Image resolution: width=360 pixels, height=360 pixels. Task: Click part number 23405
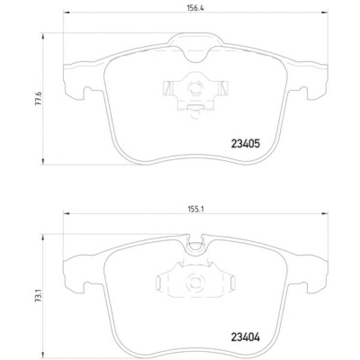[245, 144]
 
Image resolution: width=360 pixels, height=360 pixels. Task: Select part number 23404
[245, 338]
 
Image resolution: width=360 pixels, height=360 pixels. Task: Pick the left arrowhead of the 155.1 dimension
[67, 213]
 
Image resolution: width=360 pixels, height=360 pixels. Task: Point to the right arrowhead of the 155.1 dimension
[325, 213]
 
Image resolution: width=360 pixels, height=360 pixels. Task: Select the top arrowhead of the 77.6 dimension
[42, 37]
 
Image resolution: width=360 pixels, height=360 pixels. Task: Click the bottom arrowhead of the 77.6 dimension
[42, 161]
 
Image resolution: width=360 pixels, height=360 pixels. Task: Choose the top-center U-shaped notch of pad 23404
[195, 242]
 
